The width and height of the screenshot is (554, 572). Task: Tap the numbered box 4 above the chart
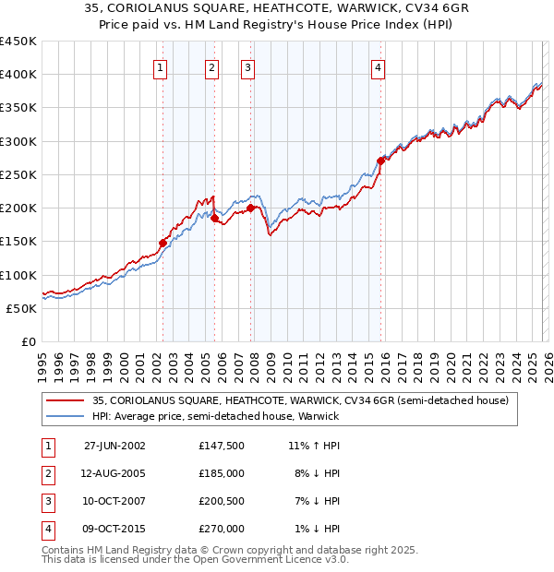(379, 67)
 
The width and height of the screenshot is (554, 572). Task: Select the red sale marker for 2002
(163, 243)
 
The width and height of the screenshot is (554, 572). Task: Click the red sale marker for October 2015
(380, 161)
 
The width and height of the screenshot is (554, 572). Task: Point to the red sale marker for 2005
(214, 218)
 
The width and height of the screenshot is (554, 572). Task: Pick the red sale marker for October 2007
(250, 208)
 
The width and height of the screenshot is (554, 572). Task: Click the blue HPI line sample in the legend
(66, 416)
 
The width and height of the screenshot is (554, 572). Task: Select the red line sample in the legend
(66, 400)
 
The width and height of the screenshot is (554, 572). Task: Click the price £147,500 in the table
(221, 446)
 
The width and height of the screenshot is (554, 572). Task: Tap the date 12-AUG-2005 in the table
(114, 473)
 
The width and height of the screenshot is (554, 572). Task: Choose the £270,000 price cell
(221, 529)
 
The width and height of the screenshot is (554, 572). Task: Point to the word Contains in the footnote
(64, 550)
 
